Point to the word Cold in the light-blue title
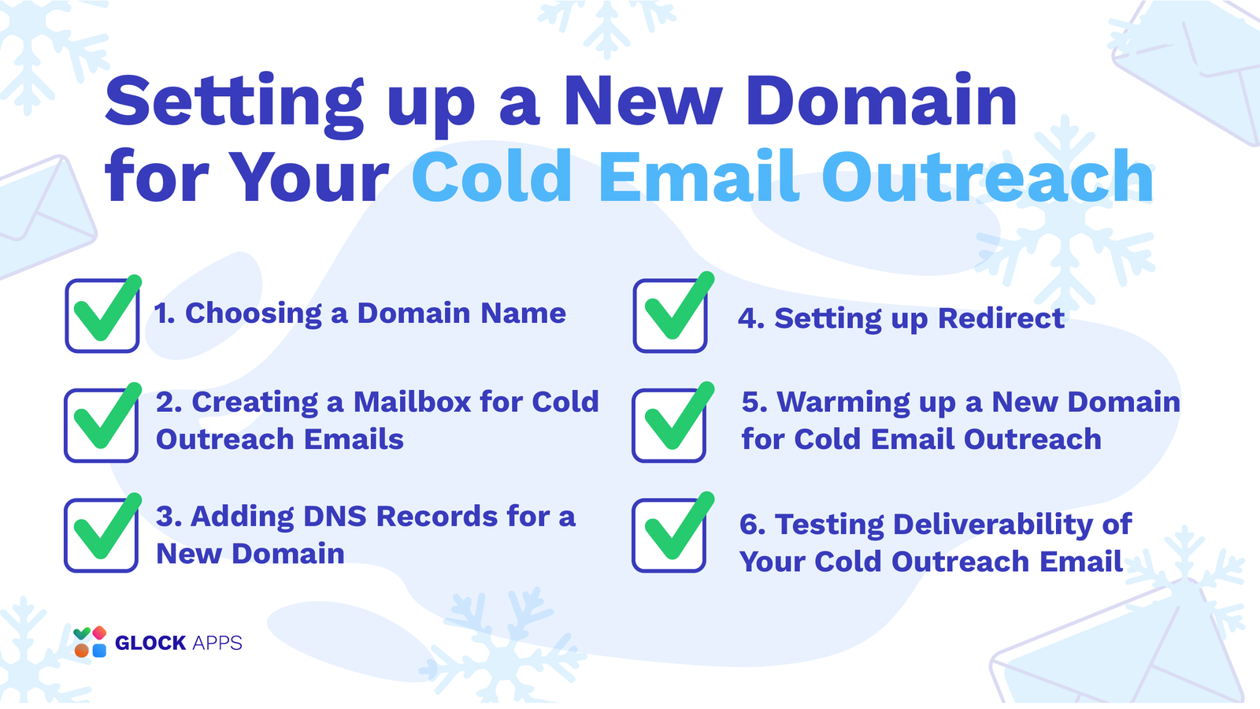(x=491, y=176)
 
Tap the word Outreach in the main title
(x=988, y=176)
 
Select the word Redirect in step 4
(x=1001, y=318)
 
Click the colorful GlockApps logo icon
(x=90, y=641)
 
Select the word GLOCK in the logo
(x=150, y=643)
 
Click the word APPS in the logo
(x=217, y=643)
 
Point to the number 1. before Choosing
(x=165, y=314)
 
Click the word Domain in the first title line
(x=881, y=99)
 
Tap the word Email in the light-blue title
(x=698, y=176)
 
